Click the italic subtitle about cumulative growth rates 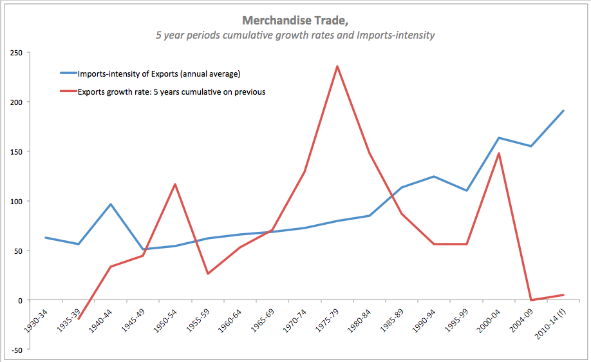(295, 35)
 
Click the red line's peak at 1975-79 (337, 66)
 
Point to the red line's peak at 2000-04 (499, 153)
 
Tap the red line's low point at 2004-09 (531, 300)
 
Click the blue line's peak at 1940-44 (111, 204)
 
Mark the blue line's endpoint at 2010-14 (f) (563, 111)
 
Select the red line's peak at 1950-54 (175, 184)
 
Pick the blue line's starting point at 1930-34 (45, 238)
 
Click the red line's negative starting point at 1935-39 (79, 318)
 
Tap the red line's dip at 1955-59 (207, 274)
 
